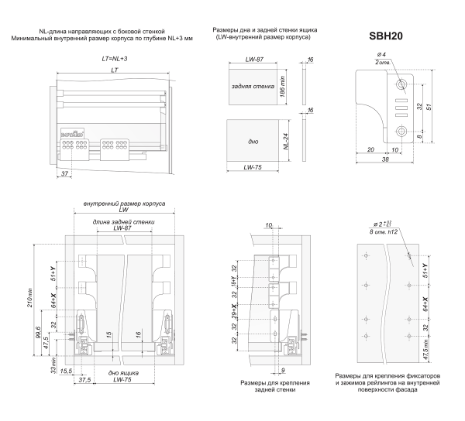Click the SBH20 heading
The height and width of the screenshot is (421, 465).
[382, 36]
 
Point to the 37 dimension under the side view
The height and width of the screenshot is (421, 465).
[64, 175]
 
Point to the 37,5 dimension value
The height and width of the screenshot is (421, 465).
[83, 380]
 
